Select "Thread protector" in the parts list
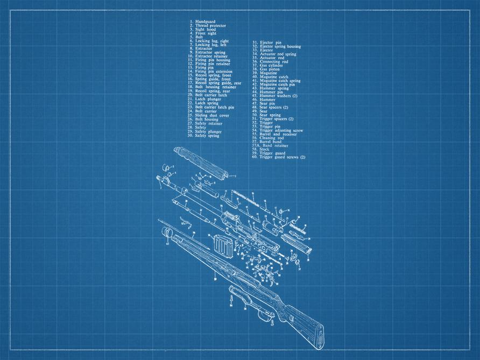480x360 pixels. click(x=210, y=25)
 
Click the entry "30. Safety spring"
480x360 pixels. click(x=207, y=136)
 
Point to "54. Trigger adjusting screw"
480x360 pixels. click(x=281, y=130)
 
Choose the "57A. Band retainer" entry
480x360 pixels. click(x=273, y=145)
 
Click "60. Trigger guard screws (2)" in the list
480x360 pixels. click(x=281, y=157)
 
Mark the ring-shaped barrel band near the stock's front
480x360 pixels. click(x=166, y=233)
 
